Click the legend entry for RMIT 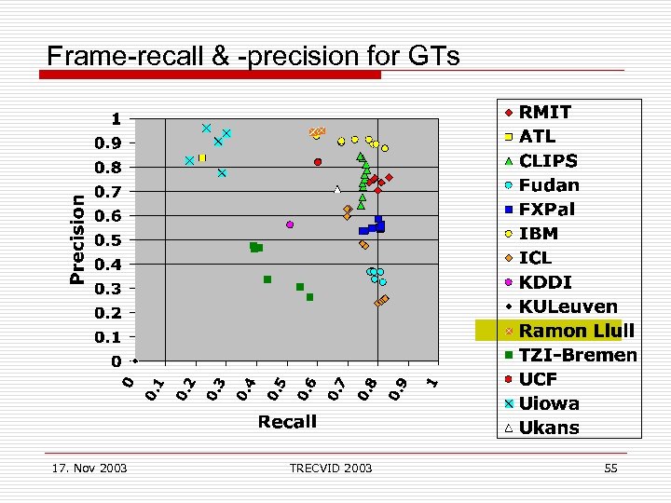[x=545, y=112]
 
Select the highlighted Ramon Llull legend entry [x=576, y=331]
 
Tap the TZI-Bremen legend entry [x=578, y=355]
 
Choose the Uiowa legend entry [x=549, y=403]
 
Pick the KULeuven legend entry [x=568, y=306]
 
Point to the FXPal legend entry [x=550, y=210]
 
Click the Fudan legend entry [x=549, y=185]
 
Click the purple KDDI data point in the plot [x=290, y=224]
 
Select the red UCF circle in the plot [x=318, y=162]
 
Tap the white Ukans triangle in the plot [x=337, y=190]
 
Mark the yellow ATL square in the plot [x=201, y=158]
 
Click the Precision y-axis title [x=79, y=238]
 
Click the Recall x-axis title [x=287, y=422]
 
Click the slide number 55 [x=610, y=468]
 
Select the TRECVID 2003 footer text [x=330, y=468]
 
